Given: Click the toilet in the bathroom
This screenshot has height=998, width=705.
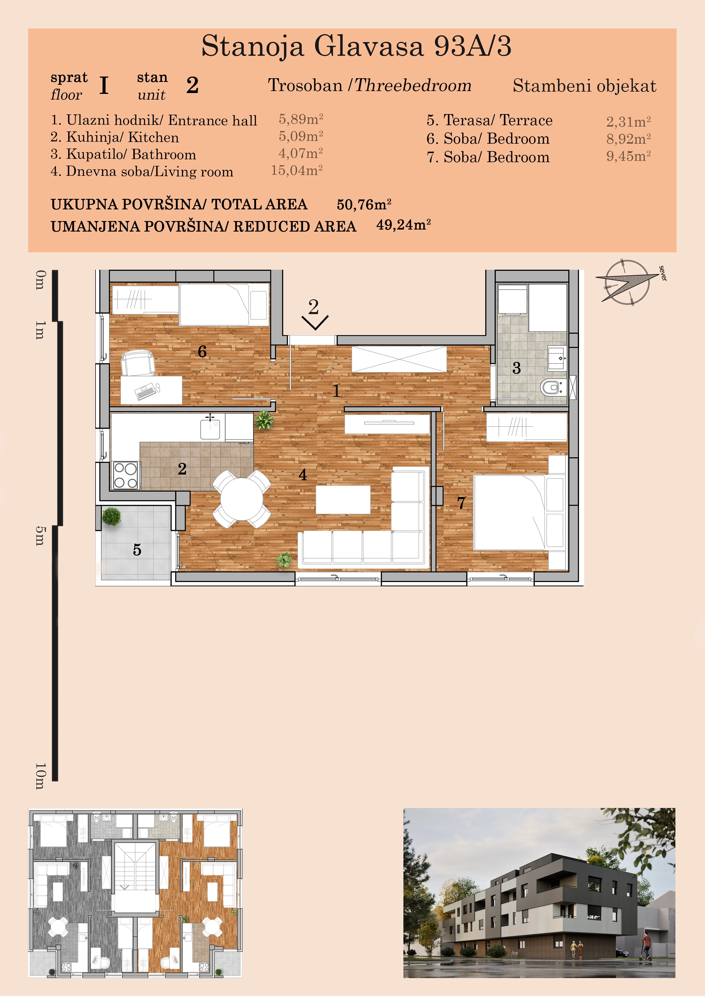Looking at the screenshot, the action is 552,386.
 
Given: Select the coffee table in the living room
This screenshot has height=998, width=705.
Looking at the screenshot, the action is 343,500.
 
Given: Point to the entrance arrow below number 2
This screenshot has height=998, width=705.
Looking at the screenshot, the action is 315,323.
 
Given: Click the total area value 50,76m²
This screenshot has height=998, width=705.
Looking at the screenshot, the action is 364,204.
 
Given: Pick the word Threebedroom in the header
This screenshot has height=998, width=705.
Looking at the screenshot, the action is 413,85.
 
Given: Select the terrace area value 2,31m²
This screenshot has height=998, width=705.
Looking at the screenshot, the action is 629,121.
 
